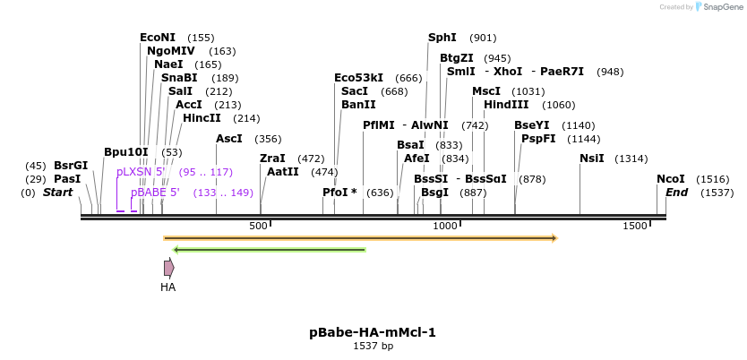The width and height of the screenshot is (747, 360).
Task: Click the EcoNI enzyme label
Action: pyautogui.click(x=158, y=38)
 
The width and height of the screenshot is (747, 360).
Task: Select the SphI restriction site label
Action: pyautogui.click(x=442, y=38)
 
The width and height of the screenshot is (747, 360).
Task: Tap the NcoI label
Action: pyautogui.click(x=670, y=179)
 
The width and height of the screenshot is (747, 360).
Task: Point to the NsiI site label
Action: pyautogui.click(x=591, y=159)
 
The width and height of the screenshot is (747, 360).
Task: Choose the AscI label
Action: pyautogui.click(x=228, y=139)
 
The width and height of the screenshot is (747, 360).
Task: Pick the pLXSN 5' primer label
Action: pyautogui.click(x=141, y=172)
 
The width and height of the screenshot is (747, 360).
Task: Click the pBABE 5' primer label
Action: pyautogui.click(x=155, y=193)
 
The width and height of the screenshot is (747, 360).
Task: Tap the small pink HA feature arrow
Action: pyautogui.click(x=168, y=267)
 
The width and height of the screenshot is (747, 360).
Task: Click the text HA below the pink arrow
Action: pyautogui.click(x=167, y=287)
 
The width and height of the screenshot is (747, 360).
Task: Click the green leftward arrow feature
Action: pyautogui.click(x=269, y=250)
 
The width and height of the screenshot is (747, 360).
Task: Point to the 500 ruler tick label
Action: pyautogui.click(x=258, y=227)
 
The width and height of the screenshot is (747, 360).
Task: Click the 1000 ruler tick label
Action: pyautogui.click(x=445, y=227)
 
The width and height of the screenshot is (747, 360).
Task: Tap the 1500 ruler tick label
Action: pyautogui.click(x=634, y=227)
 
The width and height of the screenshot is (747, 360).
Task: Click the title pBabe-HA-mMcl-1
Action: pyautogui.click(x=373, y=332)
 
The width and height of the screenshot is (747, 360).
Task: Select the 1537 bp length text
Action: pyautogui.click(x=373, y=346)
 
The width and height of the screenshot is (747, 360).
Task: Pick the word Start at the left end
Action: pyautogui.click(x=57, y=193)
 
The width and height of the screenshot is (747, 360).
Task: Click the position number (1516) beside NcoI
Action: pyautogui.click(x=713, y=179)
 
